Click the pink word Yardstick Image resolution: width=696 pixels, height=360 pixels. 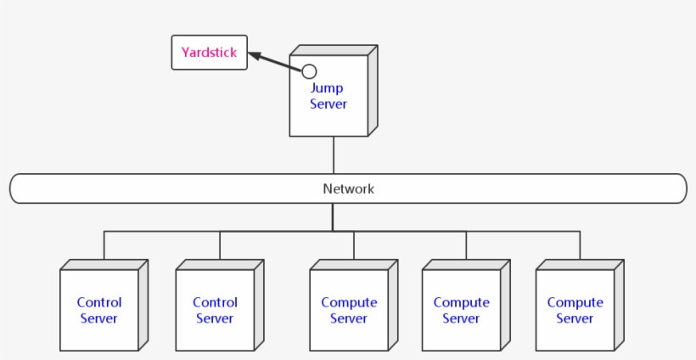click(209, 52)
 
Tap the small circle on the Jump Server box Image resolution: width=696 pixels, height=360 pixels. click(309, 71)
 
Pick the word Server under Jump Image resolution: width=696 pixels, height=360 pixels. click(328, 104)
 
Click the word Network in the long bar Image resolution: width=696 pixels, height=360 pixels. click(348, 188)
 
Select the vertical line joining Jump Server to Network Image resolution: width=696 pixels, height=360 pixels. click(334, 155)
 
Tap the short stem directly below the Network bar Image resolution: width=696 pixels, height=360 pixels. click(333, 217)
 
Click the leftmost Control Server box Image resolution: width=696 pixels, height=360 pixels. click(99, 310)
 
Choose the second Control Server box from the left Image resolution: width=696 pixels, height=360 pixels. click(215, 310)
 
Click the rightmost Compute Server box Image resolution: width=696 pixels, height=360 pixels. click(575, 310)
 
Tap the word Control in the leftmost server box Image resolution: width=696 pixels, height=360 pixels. click(99, 302)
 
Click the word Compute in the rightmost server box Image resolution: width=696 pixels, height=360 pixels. click(575, 302)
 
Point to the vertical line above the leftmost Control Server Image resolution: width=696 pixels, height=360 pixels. click(104, 246)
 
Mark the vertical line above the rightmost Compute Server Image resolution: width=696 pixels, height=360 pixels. click(581, 246)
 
